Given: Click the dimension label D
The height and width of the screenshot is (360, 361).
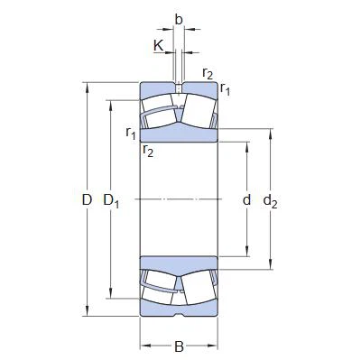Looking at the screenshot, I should tap(88, 199).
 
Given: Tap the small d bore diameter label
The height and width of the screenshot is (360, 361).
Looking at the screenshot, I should tap(246, 199).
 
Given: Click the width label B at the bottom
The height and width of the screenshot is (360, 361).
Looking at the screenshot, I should tap(179, 346).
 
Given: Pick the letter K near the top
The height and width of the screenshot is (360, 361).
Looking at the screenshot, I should tap(159, 44).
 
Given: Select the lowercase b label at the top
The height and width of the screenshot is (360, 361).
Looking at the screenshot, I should tap(179, 20).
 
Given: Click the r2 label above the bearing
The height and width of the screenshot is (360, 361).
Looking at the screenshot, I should tap(208, 74).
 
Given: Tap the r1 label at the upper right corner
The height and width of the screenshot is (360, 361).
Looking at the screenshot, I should tap(225, 89).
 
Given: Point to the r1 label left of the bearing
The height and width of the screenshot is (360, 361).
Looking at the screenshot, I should tap(132, 134).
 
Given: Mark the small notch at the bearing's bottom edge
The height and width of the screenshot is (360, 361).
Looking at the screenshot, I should tap(179, 315).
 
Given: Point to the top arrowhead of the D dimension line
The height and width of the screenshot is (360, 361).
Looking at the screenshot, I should tap(88, 86).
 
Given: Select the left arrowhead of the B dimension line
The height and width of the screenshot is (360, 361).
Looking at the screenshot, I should tap(143, 346).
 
